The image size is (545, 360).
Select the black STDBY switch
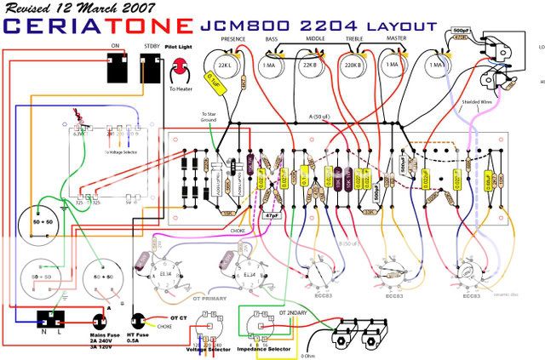tap(152, 67)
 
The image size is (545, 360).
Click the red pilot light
tap(180, 71)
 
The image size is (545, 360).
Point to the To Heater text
tap(181, 89)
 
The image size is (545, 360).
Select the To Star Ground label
tap(209, 118)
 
